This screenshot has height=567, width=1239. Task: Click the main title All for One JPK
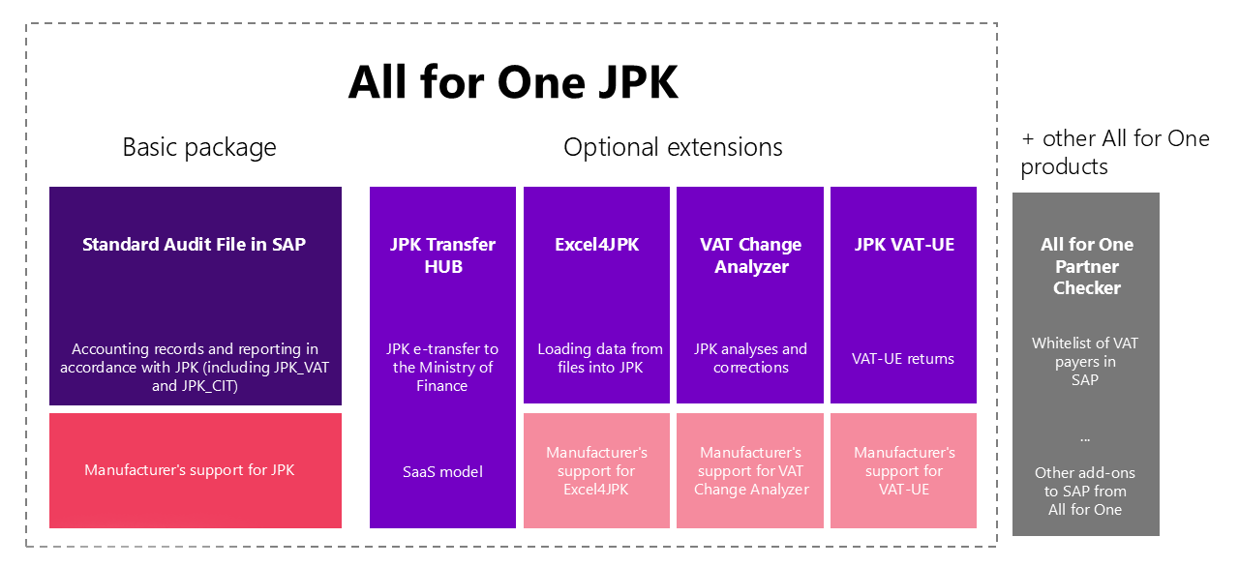[513, 82]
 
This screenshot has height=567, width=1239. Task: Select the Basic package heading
[199, 147]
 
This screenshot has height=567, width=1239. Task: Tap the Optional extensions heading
[673, 147]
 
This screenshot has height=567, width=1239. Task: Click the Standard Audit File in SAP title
[195, 244]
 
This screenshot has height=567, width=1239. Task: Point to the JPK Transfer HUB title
[442, 255]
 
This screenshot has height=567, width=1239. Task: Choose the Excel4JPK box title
[597, 244]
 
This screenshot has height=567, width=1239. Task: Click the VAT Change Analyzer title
[750, 255]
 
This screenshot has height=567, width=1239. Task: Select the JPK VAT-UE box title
[904, 244]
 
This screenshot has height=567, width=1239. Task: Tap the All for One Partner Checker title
[1086, 266]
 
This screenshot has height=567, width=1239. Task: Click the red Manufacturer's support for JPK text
[189, 470]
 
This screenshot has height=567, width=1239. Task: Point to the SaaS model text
[442, 472]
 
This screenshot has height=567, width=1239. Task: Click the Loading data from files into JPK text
[600, 358]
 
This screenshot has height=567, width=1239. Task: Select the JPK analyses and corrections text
[750, 358]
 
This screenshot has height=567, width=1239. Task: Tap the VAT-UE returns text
[903, 359]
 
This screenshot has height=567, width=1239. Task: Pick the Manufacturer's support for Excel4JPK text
[596, 471]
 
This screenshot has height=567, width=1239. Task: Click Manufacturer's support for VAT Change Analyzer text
[750, 471]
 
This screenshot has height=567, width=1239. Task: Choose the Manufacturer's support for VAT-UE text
[904, 471]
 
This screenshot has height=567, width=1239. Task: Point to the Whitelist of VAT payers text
[1085, 362]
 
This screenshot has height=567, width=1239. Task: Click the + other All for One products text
[1114, 153]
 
